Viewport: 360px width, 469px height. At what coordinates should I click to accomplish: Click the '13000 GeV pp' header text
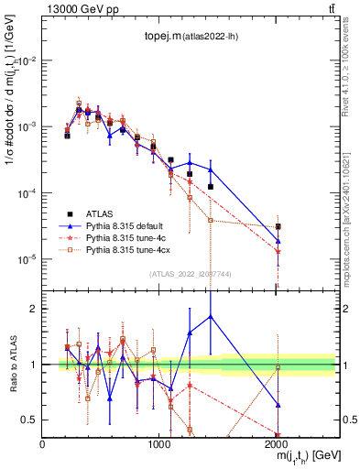pyautogui.click(x=81, y=9)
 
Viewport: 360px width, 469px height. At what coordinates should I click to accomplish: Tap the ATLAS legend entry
pyautogui.click(x=102, y=210)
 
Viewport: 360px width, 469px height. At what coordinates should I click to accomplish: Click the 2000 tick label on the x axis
pyautogui.click(x=277, y=443)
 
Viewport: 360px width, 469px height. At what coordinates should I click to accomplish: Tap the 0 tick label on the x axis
pyautogui.click(x=42, y=443)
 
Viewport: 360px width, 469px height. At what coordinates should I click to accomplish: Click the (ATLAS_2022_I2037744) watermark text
pyautogui.click(x=189, y=274)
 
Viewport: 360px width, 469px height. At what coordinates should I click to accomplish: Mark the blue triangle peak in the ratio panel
pyautogui.click(x=211, y=316)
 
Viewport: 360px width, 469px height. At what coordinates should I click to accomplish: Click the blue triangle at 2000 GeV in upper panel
pyautogui.click(x=278, y=242)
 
